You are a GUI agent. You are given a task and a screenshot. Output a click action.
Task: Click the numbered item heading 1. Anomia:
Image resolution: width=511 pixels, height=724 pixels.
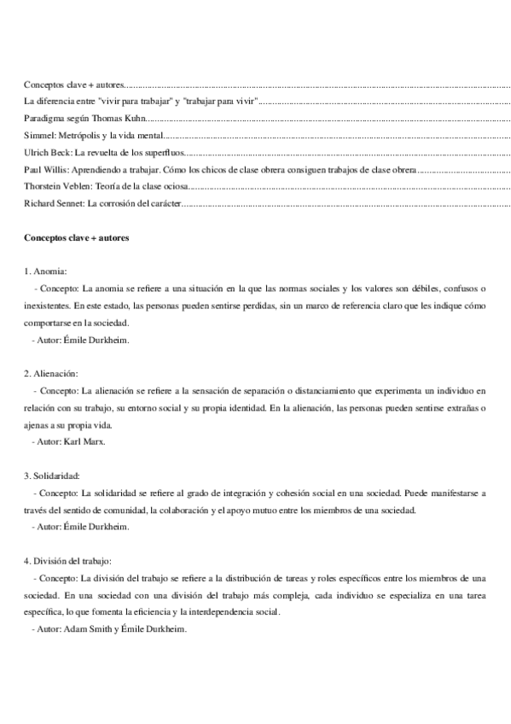[48, 271]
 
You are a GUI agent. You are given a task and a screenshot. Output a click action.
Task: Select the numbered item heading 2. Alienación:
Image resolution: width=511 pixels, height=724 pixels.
[51, 373]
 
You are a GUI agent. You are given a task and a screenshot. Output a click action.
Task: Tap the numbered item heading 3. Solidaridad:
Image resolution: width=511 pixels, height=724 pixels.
[53, 476]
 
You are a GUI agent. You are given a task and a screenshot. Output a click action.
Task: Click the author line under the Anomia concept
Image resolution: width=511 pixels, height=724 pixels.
[80, 340]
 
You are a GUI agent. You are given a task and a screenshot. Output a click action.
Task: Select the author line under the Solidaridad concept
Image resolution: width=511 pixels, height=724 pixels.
[80, 527]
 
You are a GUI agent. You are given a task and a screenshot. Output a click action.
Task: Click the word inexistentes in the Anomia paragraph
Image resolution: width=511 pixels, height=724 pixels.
[48, 306]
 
